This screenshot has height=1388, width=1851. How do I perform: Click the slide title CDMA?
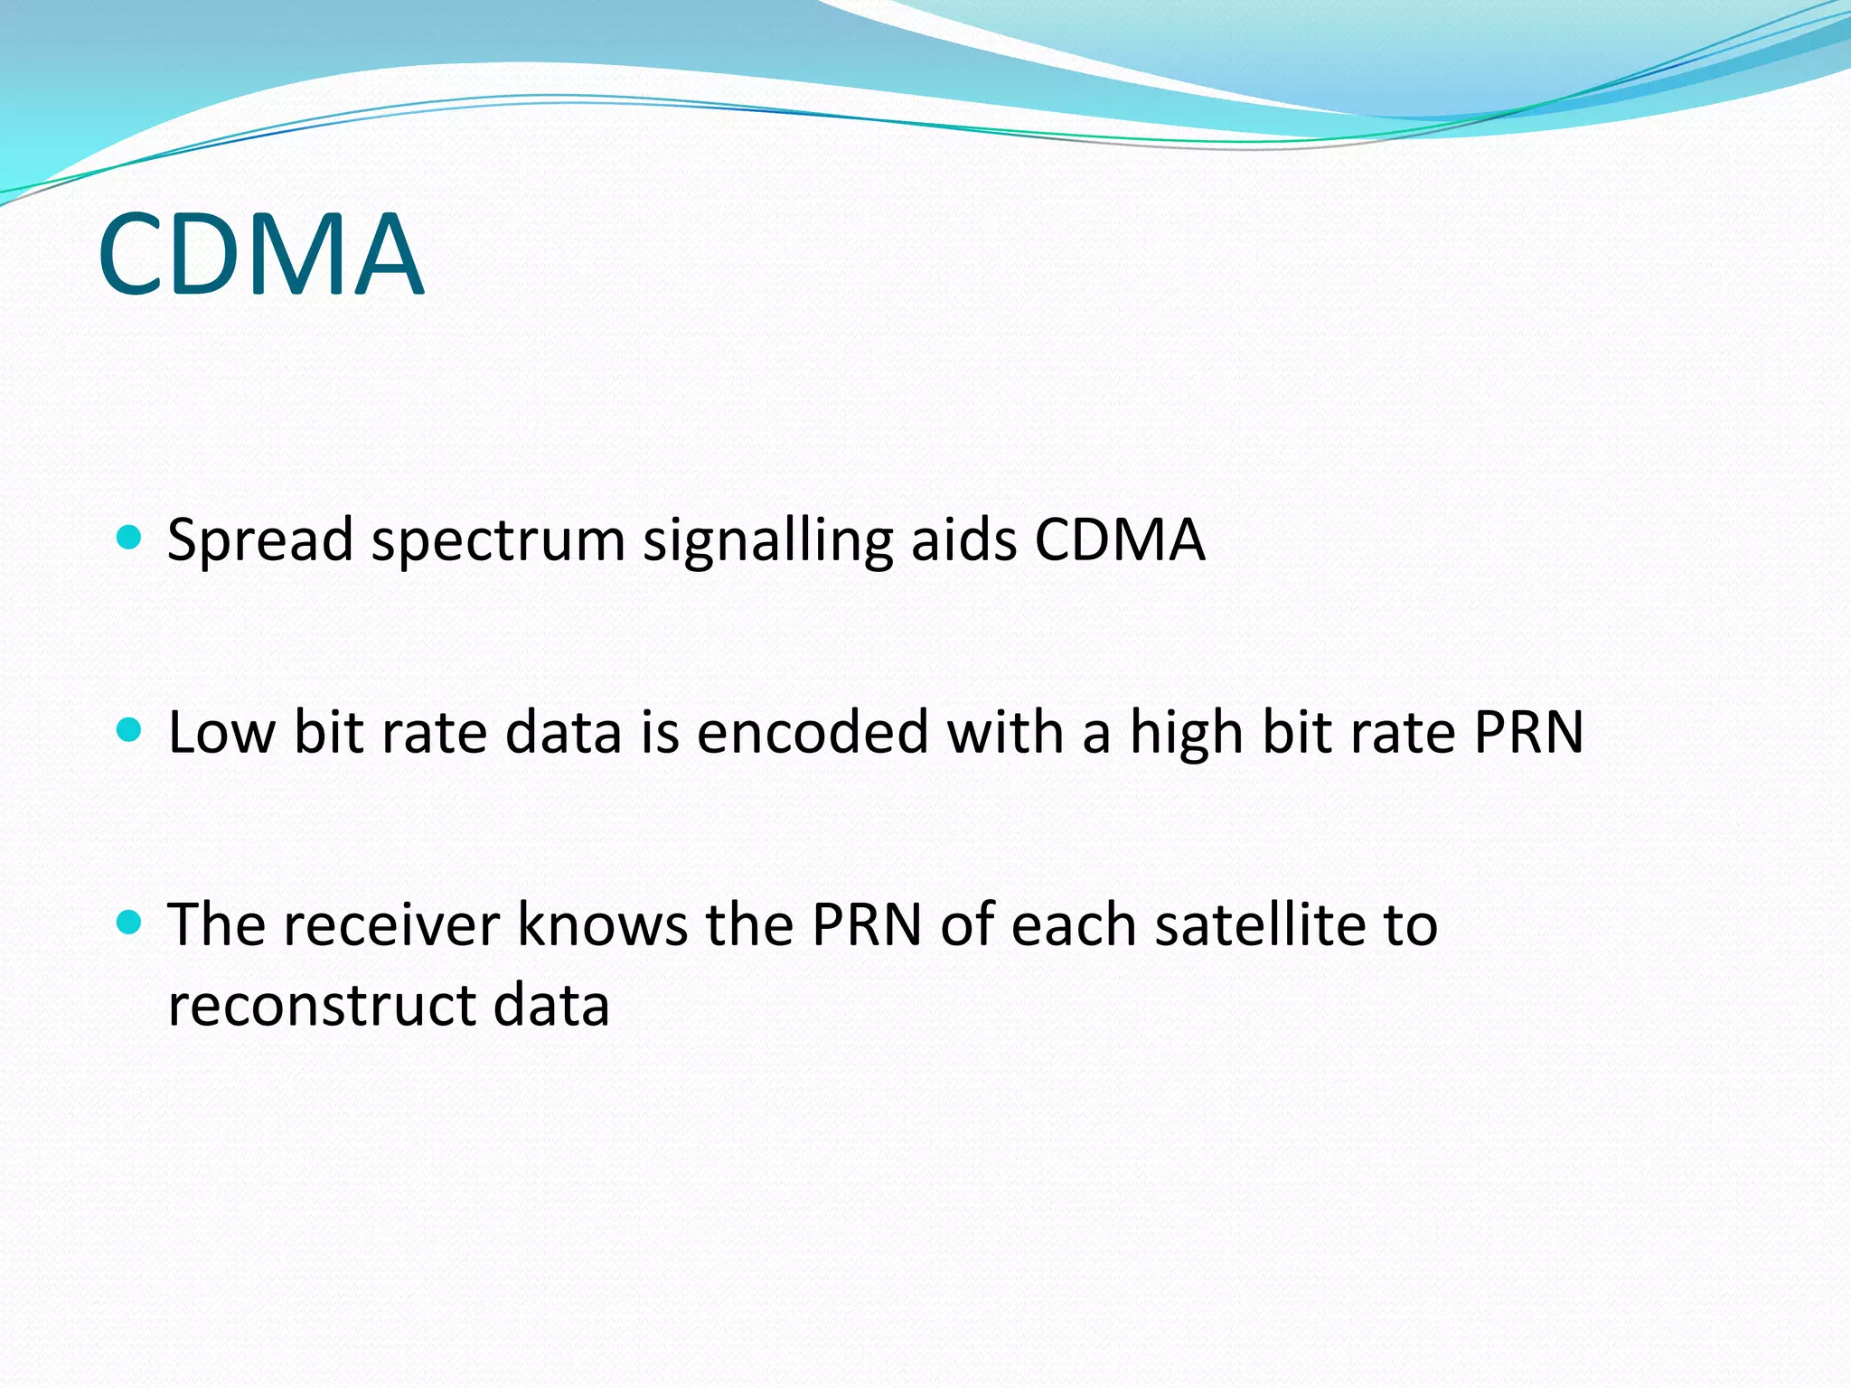coord(260,254)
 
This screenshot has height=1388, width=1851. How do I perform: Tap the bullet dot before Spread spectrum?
coord(130,538)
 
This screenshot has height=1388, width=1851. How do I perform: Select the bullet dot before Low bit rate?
coord(130,729)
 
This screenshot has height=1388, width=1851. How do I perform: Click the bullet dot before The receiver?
coord(130,922)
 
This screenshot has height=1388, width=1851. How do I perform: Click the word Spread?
coord(260,540)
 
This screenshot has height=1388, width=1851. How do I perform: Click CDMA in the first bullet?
coord(1120,540)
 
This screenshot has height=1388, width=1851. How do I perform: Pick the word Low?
coord(221,732)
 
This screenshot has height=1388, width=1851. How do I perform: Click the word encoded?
coord(813,732)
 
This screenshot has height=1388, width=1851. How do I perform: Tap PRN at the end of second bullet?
coord(1528,732)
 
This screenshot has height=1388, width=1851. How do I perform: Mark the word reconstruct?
coord(322,1006)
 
